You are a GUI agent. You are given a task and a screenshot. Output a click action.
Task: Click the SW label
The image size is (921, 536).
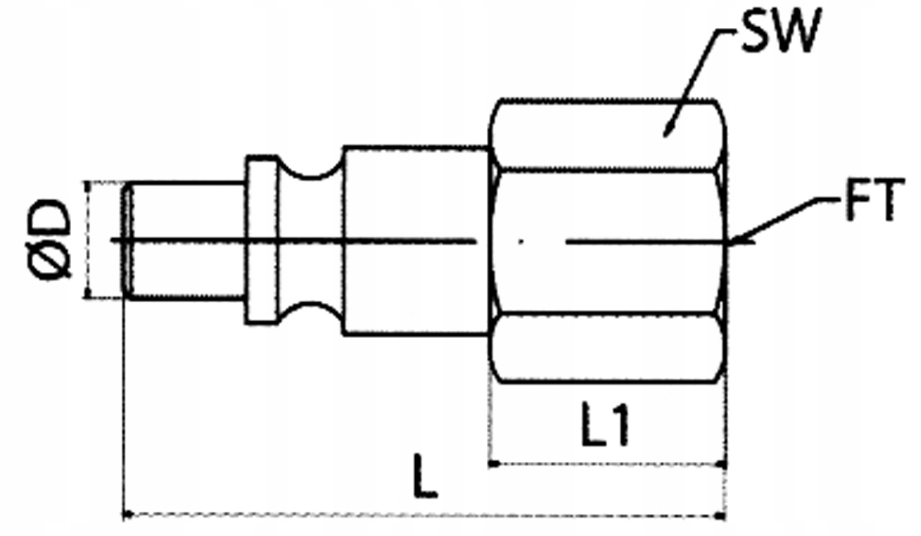pos(777,33)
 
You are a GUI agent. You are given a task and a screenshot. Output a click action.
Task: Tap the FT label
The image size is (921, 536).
pos(872,203)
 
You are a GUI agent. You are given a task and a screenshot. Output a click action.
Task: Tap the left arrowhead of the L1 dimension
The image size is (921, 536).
pos(494,463)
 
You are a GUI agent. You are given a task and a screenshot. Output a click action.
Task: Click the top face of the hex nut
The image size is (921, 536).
pos(609,135)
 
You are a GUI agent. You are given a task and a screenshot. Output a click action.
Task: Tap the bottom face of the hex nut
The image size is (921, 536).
pos(609,348)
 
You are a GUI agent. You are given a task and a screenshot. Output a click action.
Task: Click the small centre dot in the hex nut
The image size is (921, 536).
pos(520,241)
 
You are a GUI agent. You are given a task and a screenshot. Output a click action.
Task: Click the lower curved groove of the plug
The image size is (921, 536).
pos(312,311)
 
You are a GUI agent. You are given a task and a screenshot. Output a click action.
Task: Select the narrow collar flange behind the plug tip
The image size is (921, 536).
pos(262,240)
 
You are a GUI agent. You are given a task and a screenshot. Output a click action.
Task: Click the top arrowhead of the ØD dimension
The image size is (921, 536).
pos(88,186)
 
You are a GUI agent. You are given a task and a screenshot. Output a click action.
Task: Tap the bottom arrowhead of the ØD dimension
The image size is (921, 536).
pos(88,293)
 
